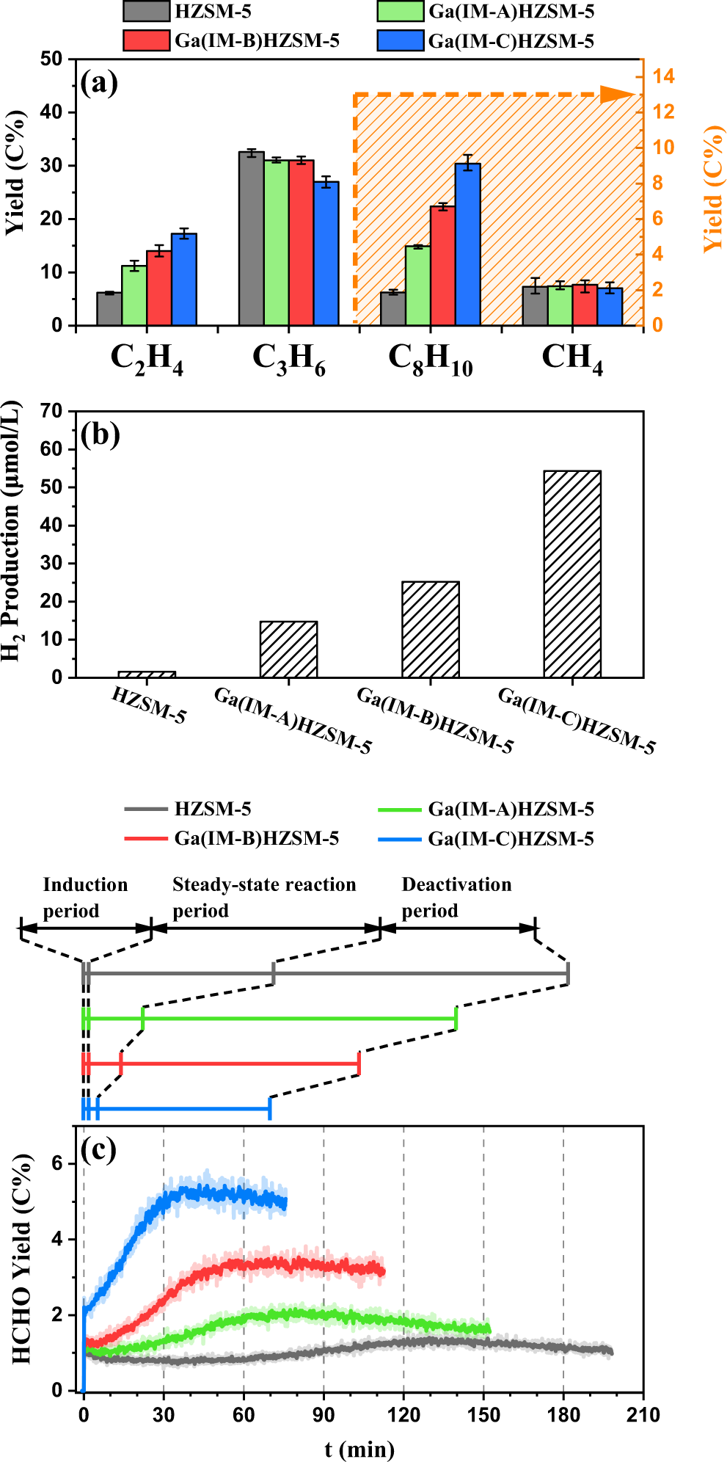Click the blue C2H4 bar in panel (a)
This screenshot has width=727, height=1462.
184,280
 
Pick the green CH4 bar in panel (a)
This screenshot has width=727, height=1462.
560,305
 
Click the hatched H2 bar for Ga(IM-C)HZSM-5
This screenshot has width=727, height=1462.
572,574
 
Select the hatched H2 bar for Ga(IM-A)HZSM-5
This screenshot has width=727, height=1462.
289,650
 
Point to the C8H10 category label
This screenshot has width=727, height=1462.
431,360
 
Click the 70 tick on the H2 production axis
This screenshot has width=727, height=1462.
53,411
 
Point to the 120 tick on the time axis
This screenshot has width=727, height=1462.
403,1415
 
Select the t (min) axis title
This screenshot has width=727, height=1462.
359,1449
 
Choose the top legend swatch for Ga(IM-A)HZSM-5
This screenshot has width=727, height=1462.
401,12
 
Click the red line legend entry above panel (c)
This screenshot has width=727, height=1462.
147,838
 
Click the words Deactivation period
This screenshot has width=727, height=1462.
456,897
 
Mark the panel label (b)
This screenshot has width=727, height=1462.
101,434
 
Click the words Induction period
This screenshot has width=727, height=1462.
85,897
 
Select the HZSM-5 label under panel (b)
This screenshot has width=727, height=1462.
149,705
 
